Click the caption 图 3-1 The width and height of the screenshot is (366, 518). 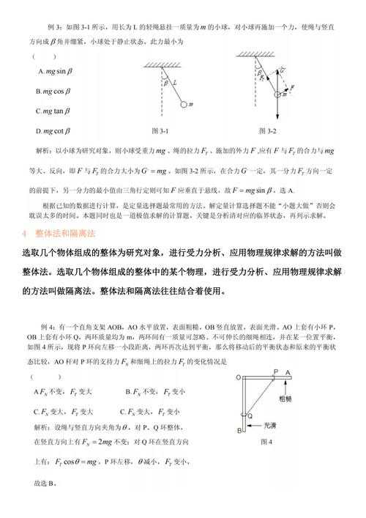pyautogui.click(x=160, y=130)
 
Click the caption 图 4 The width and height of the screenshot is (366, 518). pyautogui.click(x=266, y=442)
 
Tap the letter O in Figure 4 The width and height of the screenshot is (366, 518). pyautogui.click(x=239, y=377)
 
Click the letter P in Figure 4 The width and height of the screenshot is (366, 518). pyautogui.click(x=276, y=372)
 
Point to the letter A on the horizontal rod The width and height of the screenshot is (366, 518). pyautogui.click(x=288, y=372)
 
